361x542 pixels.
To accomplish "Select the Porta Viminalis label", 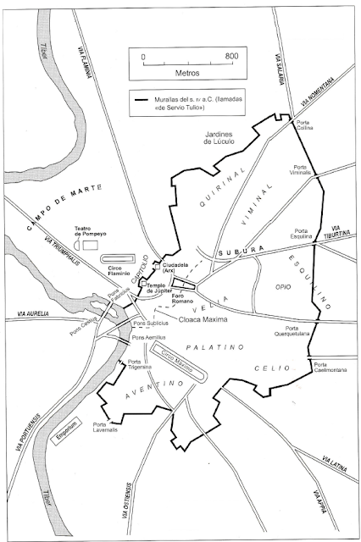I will pos(306,172).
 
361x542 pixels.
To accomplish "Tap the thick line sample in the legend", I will pos(147,101).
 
